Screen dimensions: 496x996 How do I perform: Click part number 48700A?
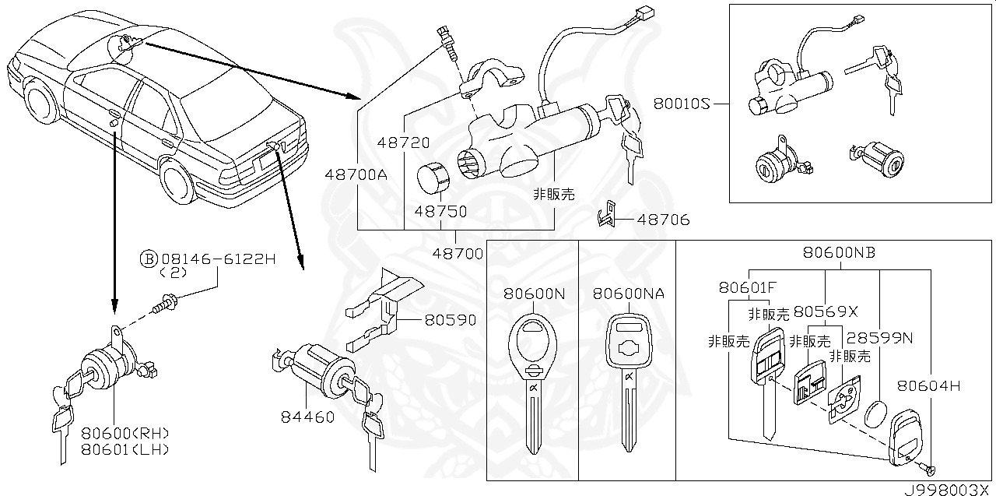point(356,175)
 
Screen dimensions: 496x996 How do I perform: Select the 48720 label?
point(404,143)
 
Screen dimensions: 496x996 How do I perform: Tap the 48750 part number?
point(440,211)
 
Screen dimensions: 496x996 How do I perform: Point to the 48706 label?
point(663,220)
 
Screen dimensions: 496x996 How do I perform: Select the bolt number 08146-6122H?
point(219,259)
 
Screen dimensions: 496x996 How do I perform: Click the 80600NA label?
point(629,294)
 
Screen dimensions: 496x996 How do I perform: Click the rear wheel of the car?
point(178,181)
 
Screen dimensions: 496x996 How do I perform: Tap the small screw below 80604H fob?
point(928,469)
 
